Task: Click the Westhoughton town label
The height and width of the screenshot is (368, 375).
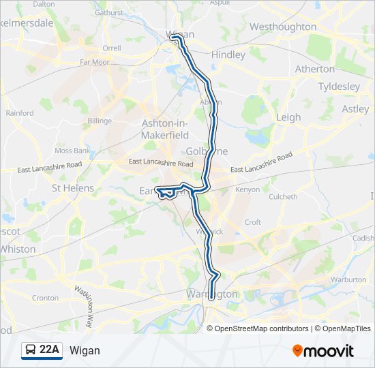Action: (x=283, y=27)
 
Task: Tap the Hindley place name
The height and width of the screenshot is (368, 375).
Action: (x=228, y=55)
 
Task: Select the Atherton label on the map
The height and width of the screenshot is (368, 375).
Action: (x=314, y=69)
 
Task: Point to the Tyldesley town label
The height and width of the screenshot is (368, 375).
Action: (x=339, y=87)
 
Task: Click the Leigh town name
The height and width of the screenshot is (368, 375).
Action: (x=288, y=117)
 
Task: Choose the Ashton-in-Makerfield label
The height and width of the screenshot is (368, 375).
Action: (x=164, y=129)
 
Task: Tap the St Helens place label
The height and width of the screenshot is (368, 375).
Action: (x=73, y=188)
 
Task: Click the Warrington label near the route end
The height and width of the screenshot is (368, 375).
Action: (x=211, y=294)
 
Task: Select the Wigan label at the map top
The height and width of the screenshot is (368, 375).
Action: (x=181, y=34)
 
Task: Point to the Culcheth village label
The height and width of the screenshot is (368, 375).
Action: (x=283, y=197)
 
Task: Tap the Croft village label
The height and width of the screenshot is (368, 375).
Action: (x=252, y=222)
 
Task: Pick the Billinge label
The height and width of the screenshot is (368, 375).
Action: (x=100, y=121)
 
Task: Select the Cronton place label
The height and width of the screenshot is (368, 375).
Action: (x=45, y=298)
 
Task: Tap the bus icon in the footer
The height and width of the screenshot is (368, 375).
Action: (x=30, y=350)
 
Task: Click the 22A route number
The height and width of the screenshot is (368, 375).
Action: (x=49, y=350)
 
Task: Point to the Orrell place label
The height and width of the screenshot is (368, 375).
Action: (x=111, y=48)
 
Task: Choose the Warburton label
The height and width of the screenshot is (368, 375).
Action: (x=348, y=279)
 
